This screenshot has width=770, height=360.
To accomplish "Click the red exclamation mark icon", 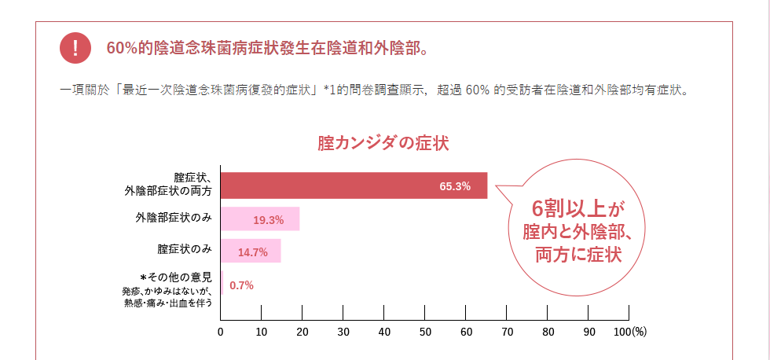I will [75, 49].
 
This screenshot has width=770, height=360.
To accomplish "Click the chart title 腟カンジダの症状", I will [383, 144].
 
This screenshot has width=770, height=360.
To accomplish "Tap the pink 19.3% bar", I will [260, 219].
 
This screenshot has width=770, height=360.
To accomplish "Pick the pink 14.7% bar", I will [251, 252].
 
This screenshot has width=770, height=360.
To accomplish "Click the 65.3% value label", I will [455, 186].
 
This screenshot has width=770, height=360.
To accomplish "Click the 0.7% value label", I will [241, 285].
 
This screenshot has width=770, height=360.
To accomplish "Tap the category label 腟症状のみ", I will [185, 249].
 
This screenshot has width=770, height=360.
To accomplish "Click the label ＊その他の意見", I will [176, 277].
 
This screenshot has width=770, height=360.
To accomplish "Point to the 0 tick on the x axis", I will [221, 332].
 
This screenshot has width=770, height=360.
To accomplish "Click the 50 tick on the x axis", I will [425, 332].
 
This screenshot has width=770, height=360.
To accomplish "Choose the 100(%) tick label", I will [629, 332].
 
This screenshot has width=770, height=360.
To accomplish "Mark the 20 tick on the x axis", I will [302, 332].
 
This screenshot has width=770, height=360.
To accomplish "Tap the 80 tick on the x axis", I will [548, 332].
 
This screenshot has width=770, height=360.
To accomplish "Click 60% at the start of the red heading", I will [123, 49].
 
